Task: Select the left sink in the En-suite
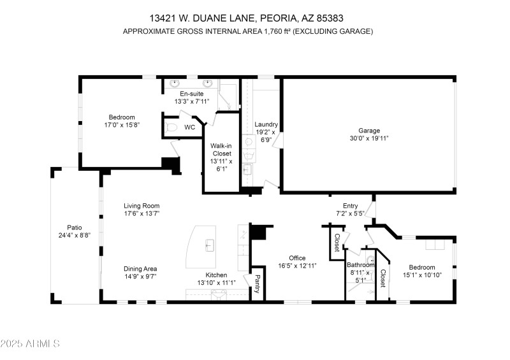click(x=175, y=83)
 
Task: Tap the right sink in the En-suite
click(x=207, y=83)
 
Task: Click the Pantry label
click(x=258, y=282)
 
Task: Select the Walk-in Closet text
click(x=221, y=149)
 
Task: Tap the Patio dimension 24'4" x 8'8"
click(x=75, y=235)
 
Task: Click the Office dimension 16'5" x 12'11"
click(x=297, y=266)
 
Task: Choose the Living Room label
click(x=142, y=206)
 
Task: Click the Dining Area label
click(x=140, y=268)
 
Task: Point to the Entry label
click(x=350, y=205)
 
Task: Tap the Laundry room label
click(x=266, y=124)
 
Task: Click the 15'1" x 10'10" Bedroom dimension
click(x=421, y=275)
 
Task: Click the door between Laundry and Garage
click(x=279, y=141)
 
